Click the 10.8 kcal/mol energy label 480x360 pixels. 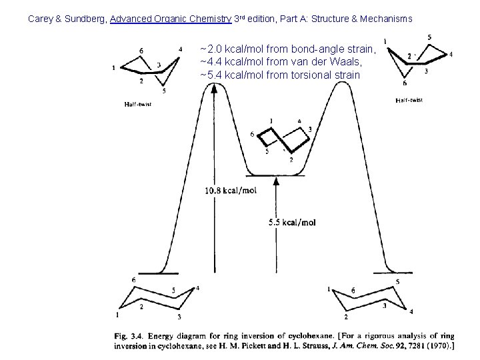pyautogui.click(x=231, y=191)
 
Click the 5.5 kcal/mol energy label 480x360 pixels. pyautogui.click(x=292, y=222)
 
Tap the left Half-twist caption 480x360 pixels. pyautogui.click(x=138, y=104)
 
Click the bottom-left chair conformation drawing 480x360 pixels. pyautogui.click(x=157, y=301)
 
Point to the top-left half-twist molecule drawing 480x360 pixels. pyautogui.click(x=149, y=67)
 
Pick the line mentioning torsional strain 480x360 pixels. pyautogui.click(x=280, y=75)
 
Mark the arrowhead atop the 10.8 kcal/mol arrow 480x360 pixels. pyautogui.click(x=215, y=91)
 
